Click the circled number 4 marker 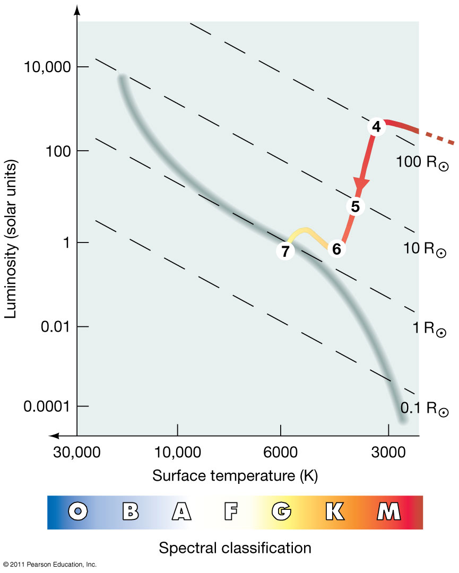pos(376,127)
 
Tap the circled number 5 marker pos(356,206)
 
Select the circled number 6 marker pos(336,248)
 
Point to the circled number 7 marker pos(285,251)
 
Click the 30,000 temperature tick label pos(76,453)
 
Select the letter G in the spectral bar pos(281,511)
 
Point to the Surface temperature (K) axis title pos(235,475)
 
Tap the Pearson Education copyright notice pos(49,564)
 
